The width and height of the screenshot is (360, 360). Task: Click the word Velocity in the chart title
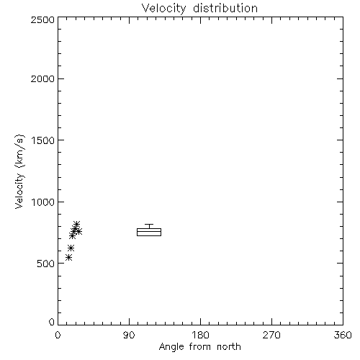[163, 9]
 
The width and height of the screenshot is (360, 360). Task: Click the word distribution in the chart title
[225, 8]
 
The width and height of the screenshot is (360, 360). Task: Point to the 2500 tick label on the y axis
[42, 19]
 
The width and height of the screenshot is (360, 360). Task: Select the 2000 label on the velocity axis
[42, 78]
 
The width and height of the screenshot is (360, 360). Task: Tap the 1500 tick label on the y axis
[43, 140]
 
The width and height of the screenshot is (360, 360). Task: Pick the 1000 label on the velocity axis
[43, 202]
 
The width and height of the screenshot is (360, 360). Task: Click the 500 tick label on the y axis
[46, 264]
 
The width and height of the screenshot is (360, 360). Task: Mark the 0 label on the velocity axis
[52, 322]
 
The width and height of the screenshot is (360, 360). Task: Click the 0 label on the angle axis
[58, 335]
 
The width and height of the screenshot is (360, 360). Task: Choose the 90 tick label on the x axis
[129, 335]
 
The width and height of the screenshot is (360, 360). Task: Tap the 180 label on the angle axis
[200, 335]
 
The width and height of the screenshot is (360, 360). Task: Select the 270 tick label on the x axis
[271, 335]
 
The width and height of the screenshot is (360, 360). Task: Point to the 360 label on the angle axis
[343, 335]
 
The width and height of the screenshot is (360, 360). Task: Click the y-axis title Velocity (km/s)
[20, 171]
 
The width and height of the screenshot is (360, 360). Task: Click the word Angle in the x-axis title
[171, 347]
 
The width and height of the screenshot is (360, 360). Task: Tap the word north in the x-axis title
[229, 346]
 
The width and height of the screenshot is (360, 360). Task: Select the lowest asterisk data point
[69, 258]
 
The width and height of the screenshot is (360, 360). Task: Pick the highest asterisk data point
[76, 225]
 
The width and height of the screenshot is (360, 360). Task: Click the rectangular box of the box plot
[149, 228]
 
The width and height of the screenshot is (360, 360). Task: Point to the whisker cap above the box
[149, 224]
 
